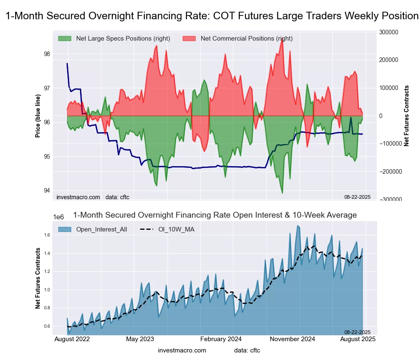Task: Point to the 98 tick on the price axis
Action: click(x=47, y=54)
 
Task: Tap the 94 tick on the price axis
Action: click(x=47, y=190)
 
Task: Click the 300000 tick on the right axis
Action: click(x=388, y=32)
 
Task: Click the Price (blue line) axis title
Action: click(x=38, y=116)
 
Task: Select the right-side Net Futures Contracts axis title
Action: click(x=406, y=116)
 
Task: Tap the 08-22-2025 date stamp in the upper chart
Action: click(x=357, y=197)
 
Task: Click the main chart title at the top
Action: click(x=212, y=16)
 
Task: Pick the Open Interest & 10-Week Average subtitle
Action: click(x=215, y=215)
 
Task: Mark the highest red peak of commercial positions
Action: click(x=282, y=39)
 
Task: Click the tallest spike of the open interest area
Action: click(x=297, y=226)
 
